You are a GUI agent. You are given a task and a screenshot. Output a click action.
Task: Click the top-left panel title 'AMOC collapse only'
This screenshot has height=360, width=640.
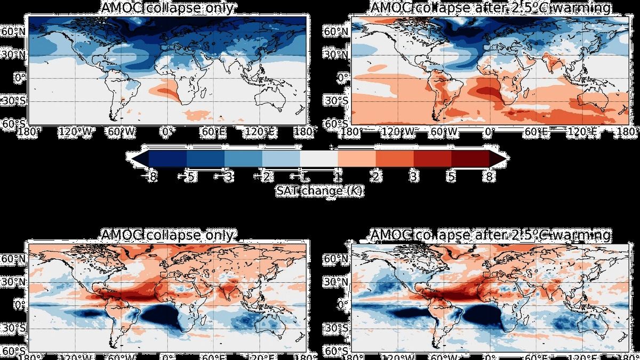(x=167, y=9)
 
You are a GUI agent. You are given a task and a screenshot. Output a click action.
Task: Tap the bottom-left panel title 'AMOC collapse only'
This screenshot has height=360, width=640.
(x=167, y=235)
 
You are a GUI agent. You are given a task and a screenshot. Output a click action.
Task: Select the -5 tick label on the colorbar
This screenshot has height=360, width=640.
(x=187, y=177)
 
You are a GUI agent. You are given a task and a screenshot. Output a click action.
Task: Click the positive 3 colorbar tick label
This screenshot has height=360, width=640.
(x=413, y=177)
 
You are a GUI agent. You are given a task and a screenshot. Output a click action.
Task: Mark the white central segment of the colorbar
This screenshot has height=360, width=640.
(x=318, y=158)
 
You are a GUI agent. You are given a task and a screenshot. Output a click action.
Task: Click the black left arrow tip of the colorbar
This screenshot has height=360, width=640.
(x=132, y=158)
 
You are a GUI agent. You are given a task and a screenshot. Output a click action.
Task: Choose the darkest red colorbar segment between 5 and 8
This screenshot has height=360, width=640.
(x=470, y=158)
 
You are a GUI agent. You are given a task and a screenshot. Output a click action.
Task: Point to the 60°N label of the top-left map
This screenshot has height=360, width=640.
(x=14, y=32)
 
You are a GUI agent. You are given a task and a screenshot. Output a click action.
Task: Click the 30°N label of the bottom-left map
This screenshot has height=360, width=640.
(x=14, y=282)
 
